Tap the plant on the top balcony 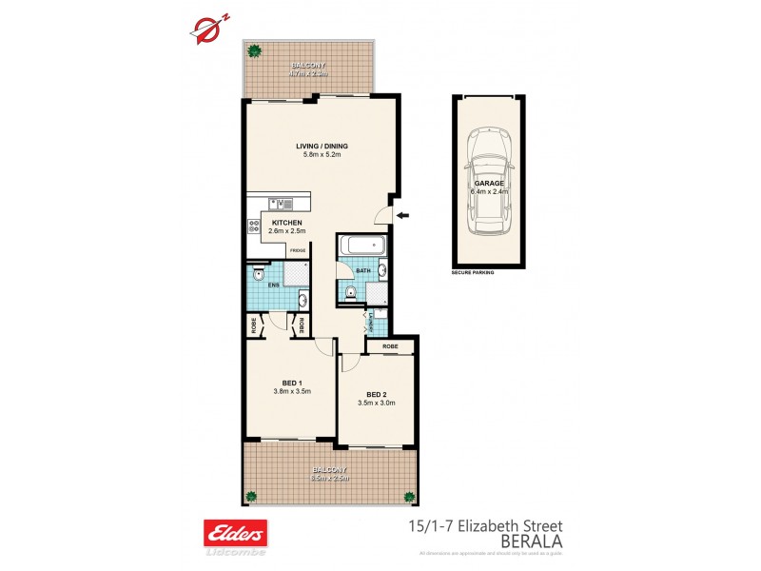254,51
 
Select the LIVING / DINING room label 322,146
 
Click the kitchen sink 282,202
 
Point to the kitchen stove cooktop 255,226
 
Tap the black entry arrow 403,216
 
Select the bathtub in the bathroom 362,246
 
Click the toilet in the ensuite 258,273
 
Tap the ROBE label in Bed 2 390,347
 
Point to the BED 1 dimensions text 293,391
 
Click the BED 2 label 376,394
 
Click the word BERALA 531,540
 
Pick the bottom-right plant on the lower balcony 409,496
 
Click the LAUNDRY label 369,322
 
